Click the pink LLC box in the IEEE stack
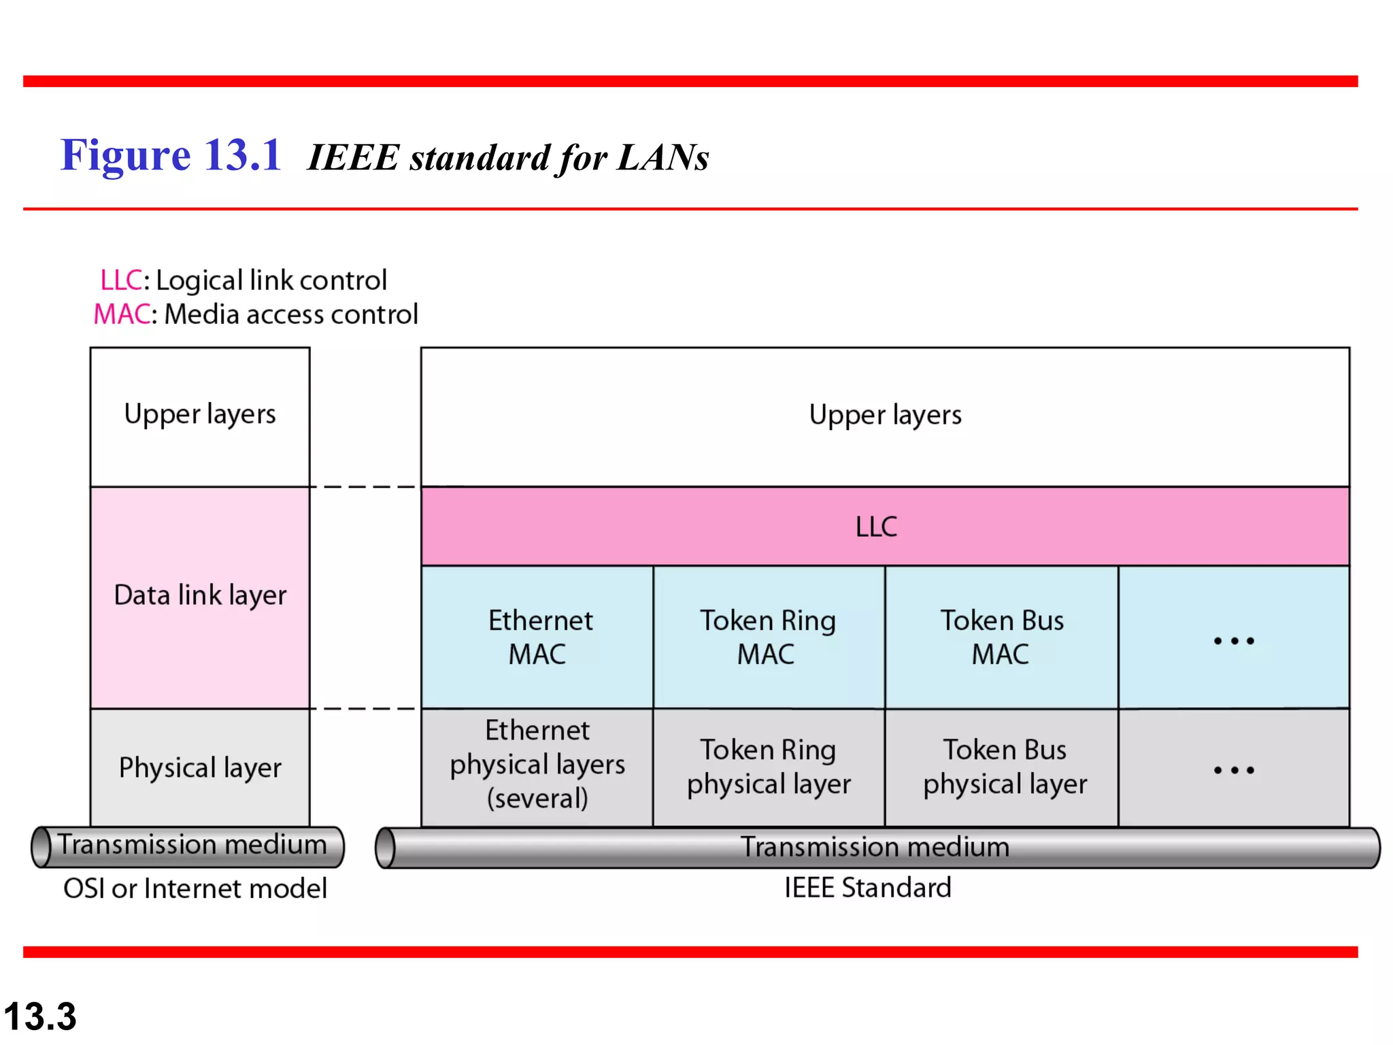pyautogui.click(x=884, y=526)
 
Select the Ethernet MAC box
pyautogui.click(x=537, y=637)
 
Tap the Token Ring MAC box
pyautogui.click(x=769, y=637)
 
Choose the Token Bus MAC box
pyautogui.click(x=1001, y=637)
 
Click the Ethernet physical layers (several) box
pyautogui.click(x=537, y=765)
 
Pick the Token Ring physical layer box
pyautogui.click(x=769, y=767)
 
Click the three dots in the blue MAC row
pyautogui.click(x=1234, y=640)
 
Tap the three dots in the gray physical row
pyautogui.click(x=1234, y=770)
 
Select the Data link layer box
pyautogui.click(x=200, y=596)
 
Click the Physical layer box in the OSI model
pyautogui.click(x=200, y=767)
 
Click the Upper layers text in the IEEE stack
pyautogui.click(x=885, y=415)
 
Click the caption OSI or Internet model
pyautogui.click(x=195, y=889)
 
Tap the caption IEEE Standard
pyautogui.click(x=867, y=888)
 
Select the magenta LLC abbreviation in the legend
pyautogui.click(x=121, y=280)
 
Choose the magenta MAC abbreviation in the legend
pyautogui.click(x=122, y=314)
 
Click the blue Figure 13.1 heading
pyautogui.click(x=171, y=155)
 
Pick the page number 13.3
pyautogui.click(x=40, y=1016)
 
